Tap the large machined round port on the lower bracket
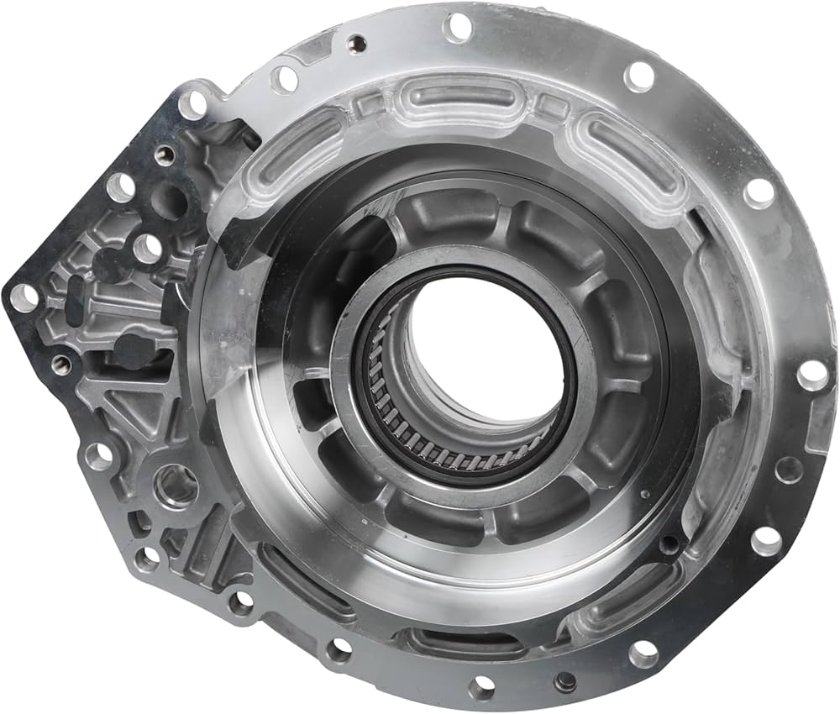click(x=176, y=486)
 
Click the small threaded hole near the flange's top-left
click(x=356, y=42)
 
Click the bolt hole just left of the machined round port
click(x=98, y=456)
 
